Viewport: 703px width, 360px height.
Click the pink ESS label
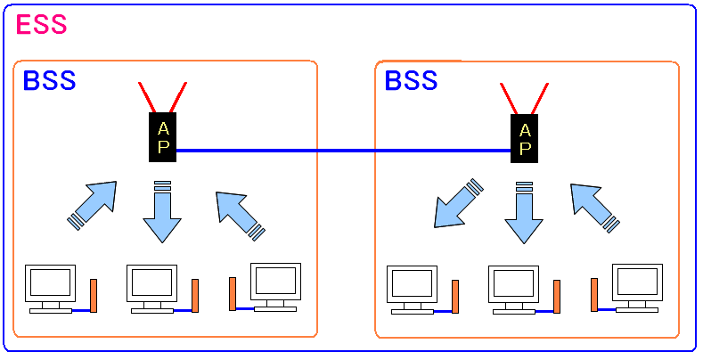(x=41, y=24)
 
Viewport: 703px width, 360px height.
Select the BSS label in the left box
(x=49, y=80)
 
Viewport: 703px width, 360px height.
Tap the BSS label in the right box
(x=411, y=80)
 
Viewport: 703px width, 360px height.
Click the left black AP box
(x=162, y=138)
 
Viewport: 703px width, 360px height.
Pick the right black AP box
(x=524, y=138)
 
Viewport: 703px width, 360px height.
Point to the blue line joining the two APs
(x=343, y=151)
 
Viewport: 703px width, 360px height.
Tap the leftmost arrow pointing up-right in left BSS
(x=93, y=206)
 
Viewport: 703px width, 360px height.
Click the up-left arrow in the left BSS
(x=239, y=214)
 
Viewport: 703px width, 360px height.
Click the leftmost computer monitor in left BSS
(x=49, y=283)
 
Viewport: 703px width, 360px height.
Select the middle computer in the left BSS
(x=151, y=283)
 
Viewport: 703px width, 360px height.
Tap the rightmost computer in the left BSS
(x=275, y=282)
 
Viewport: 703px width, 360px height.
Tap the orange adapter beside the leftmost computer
(x=93, y=294)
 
